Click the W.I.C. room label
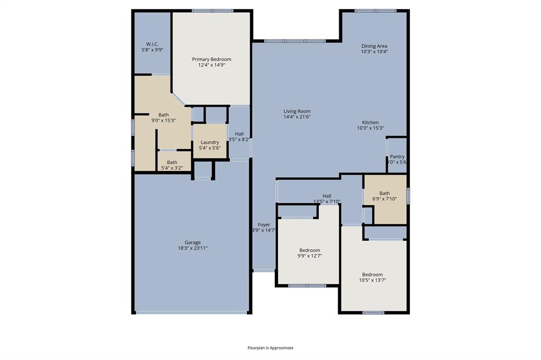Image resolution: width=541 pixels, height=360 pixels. (x=152, y=44)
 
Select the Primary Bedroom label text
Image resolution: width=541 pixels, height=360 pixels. (x=211, y=59)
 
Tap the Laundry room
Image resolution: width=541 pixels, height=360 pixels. (x=210, y=142)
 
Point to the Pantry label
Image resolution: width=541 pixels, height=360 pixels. (x=397, y=157)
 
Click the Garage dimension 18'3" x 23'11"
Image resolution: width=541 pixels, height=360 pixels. (x=192, y=248)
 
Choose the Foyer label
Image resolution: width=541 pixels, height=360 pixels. (x=264, y=225)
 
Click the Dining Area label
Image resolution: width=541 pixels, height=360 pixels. (x=374, y=46)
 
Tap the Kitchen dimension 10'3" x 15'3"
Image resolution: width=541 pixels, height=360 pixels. (x=374, y=128)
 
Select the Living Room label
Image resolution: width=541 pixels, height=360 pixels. (x=297, y=111)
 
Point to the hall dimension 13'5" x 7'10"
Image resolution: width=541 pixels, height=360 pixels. (x=327, y=202)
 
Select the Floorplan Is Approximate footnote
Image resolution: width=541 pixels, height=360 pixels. (x=270, y=348)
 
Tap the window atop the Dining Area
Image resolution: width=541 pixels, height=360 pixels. (x=375, y=11)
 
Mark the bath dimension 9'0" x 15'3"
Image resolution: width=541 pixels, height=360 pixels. (x=163, y=120)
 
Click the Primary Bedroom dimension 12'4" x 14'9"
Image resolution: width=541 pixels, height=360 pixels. (x=211, y=65)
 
